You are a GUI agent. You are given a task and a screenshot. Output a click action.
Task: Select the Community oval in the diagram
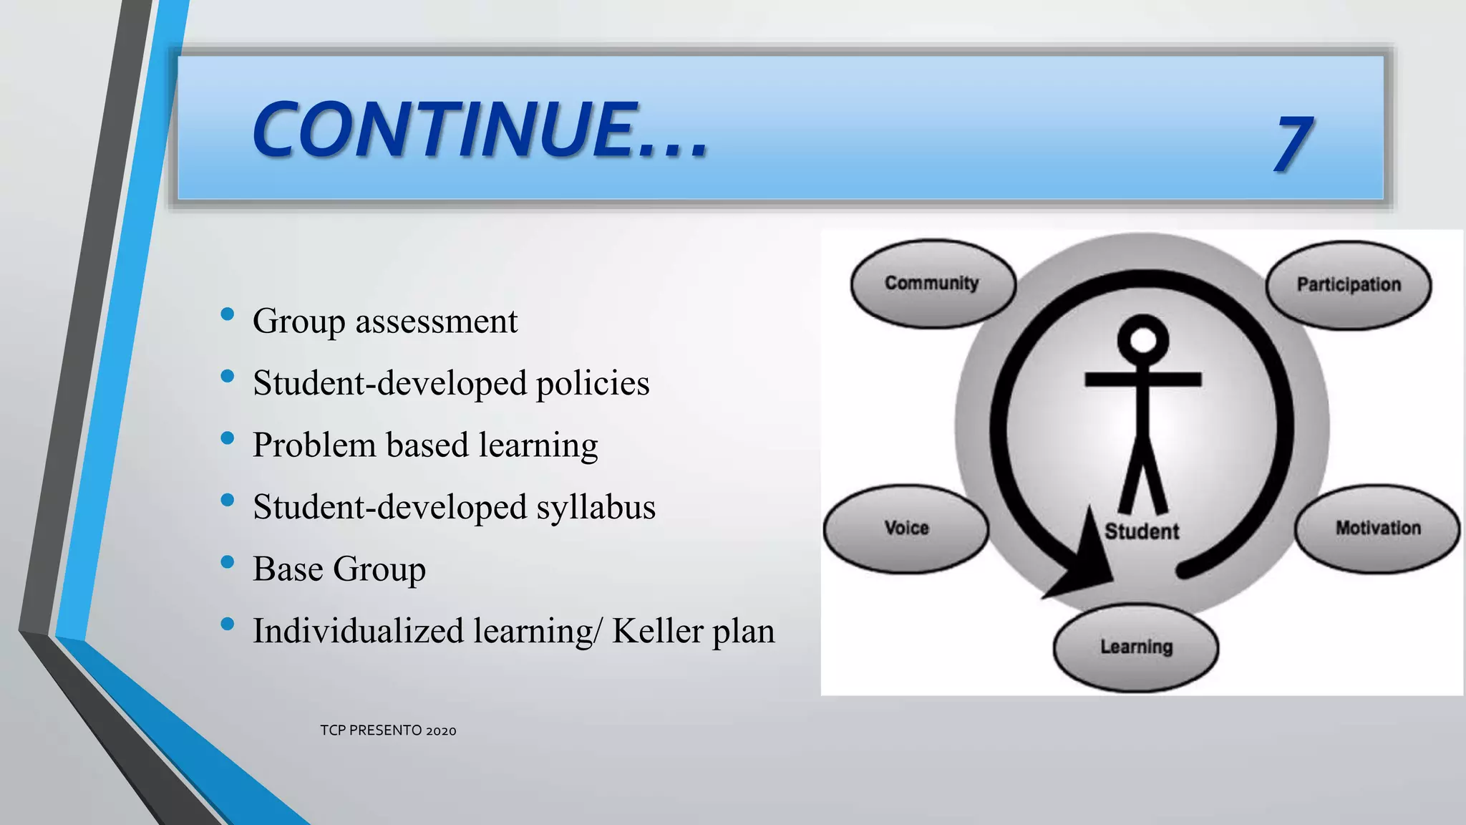tap(932, 284)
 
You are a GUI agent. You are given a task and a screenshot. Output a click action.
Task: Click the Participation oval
tap(1349, 285)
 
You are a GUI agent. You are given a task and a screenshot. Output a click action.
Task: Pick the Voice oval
tap(906, 529)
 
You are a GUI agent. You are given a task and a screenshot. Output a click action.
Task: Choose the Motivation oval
tap(1378, 529)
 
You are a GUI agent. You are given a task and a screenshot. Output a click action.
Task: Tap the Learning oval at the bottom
tap(1136, 647)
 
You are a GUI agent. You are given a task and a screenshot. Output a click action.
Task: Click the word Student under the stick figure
tap(1142, 531)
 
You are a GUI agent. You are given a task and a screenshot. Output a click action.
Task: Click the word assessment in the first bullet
tap(436, 322)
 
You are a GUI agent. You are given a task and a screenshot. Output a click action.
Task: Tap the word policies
tap(593, 384)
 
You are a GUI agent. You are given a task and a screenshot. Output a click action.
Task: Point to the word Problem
tap(314, 445)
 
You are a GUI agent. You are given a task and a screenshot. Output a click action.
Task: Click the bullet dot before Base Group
tap(228, 562)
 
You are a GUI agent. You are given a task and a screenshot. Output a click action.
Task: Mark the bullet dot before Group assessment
tap(228, 314)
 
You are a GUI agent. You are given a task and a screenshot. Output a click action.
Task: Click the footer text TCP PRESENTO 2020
tap(388, 730)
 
